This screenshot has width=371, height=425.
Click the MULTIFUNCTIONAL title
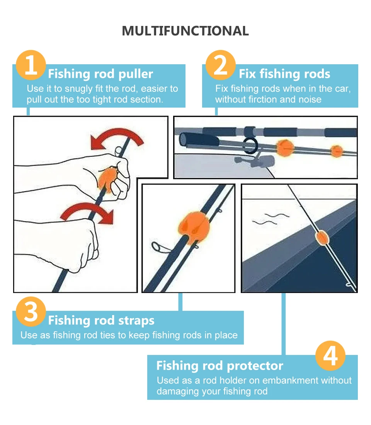tap(185, 31)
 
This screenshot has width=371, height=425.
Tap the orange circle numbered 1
tap(31, 65)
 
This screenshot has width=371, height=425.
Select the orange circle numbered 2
tap(221, 65)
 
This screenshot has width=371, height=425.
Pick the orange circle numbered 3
tap(31, 312)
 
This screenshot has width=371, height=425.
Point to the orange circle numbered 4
tap(330, 356)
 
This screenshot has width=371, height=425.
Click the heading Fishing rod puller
tap(100, 74)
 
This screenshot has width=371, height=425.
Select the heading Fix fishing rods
tap(284, 74)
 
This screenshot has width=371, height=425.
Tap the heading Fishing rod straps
tap(101, 320)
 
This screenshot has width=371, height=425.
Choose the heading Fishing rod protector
tap(220, 366)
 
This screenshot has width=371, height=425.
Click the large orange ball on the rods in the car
tap(285, 148)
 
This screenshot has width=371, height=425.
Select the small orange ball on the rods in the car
tap(337, 151)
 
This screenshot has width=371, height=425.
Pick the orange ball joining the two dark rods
tap(194, 227)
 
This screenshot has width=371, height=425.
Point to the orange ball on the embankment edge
tap(322, 238)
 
